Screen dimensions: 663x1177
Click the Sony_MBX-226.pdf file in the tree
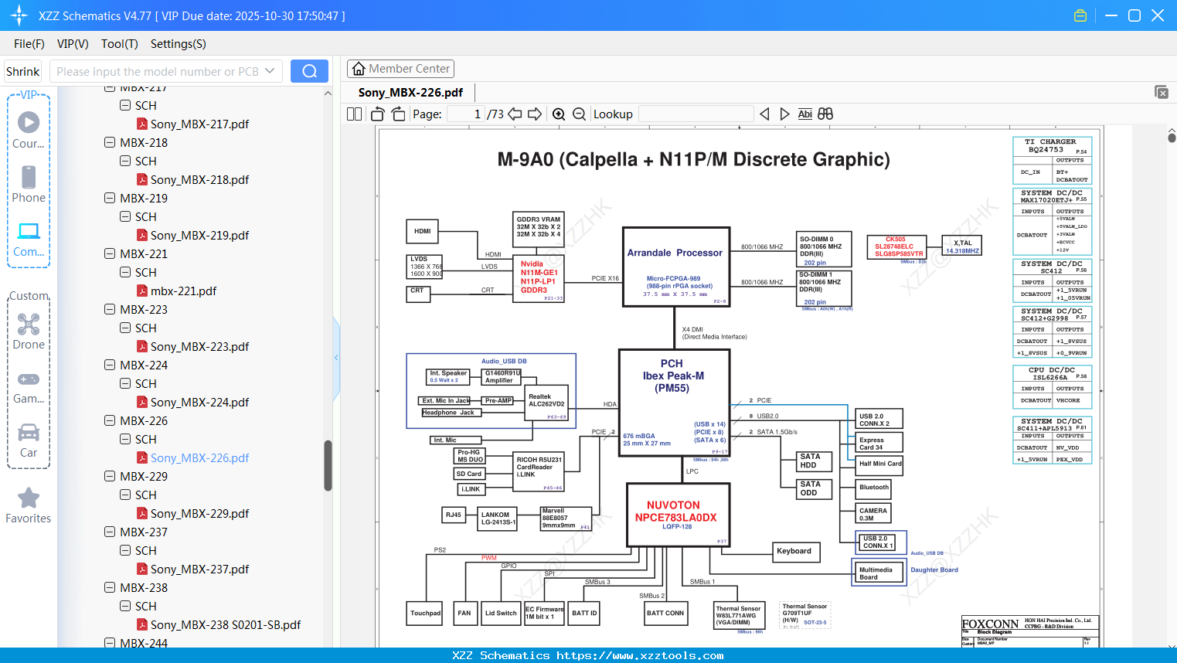pyautogui.click(x=199, y=458)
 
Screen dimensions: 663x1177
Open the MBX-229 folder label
pyautogui.click(x=144, y=477)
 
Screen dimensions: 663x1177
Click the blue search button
pyautogui.click(x=309, y=71)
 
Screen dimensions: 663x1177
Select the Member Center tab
pyautogui.click(x=400, y=69)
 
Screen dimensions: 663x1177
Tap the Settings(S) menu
pyautogui.click(x=178, y=44)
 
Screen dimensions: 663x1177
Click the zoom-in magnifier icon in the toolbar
pyautogui.click(x=559, y=114)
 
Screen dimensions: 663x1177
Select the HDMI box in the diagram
pyautogui.click(x=422, y=231)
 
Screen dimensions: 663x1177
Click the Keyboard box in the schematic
pyautogui.click(x=795, y=552)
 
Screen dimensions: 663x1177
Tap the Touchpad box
pyautogui.click(x=425, y=614)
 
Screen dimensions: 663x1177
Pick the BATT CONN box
pyautogui.click(x=665, y=614)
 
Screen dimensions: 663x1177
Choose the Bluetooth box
pyautogui.click(x=874, y=488)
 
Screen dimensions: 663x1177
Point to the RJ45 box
pyautogui.click(x=454, y=515)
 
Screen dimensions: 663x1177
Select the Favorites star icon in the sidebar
pyautogui.click(x=29, y=498)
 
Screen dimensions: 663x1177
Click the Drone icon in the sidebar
pyautogui.click(x=29, y=325)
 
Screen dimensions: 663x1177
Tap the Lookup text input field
pyautogui.click(x=696, y=114)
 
